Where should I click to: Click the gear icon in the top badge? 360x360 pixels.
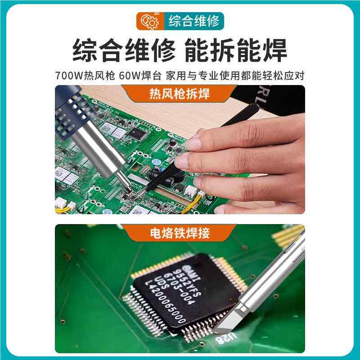[149, 21]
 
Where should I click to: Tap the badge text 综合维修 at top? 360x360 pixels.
[193, 21]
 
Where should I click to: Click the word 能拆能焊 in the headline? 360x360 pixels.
[236, 51]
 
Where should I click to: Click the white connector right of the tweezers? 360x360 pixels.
[199, 194]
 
